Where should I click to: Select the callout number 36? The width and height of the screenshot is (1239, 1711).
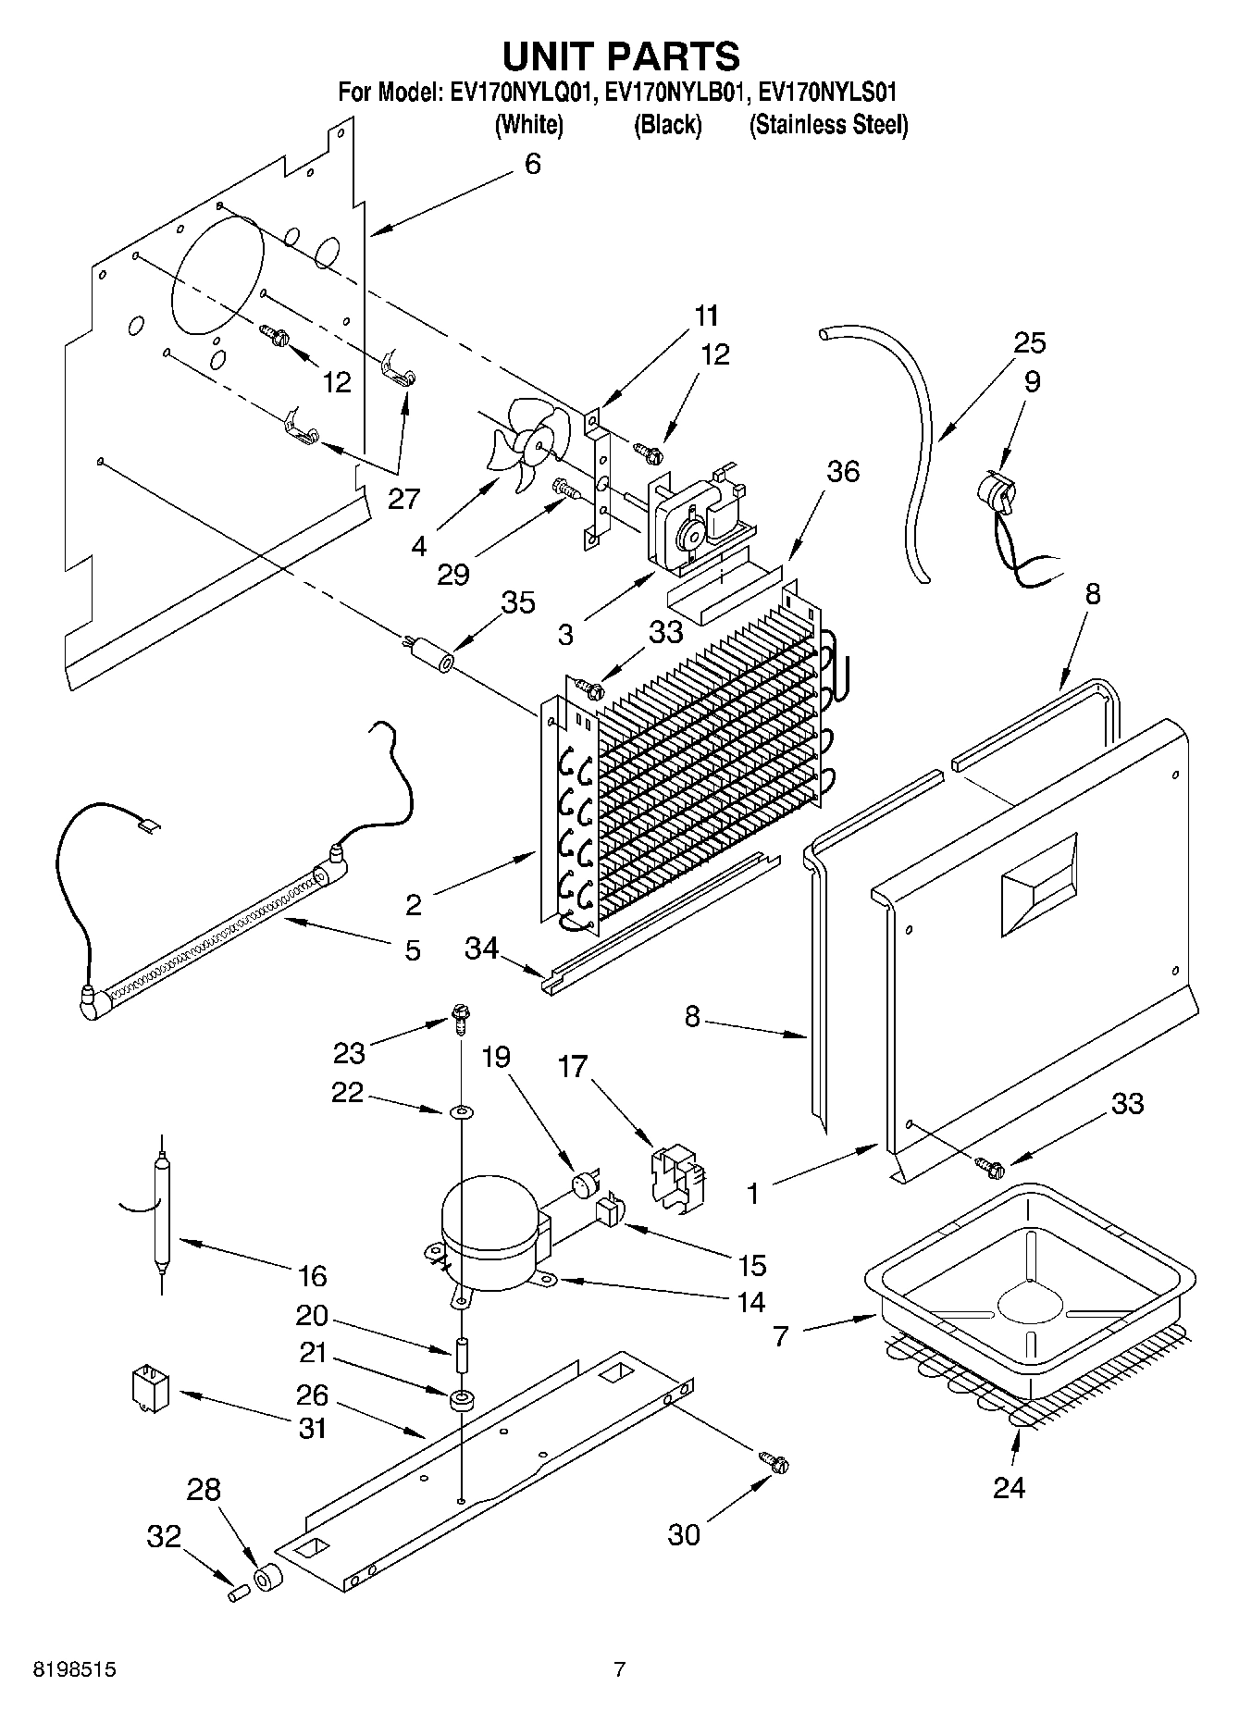[842, 472]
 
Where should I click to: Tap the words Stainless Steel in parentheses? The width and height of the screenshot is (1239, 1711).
[829, 125]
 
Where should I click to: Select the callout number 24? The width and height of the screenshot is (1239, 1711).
[1009, 1487]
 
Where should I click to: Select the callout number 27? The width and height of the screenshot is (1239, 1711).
[403, 499]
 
